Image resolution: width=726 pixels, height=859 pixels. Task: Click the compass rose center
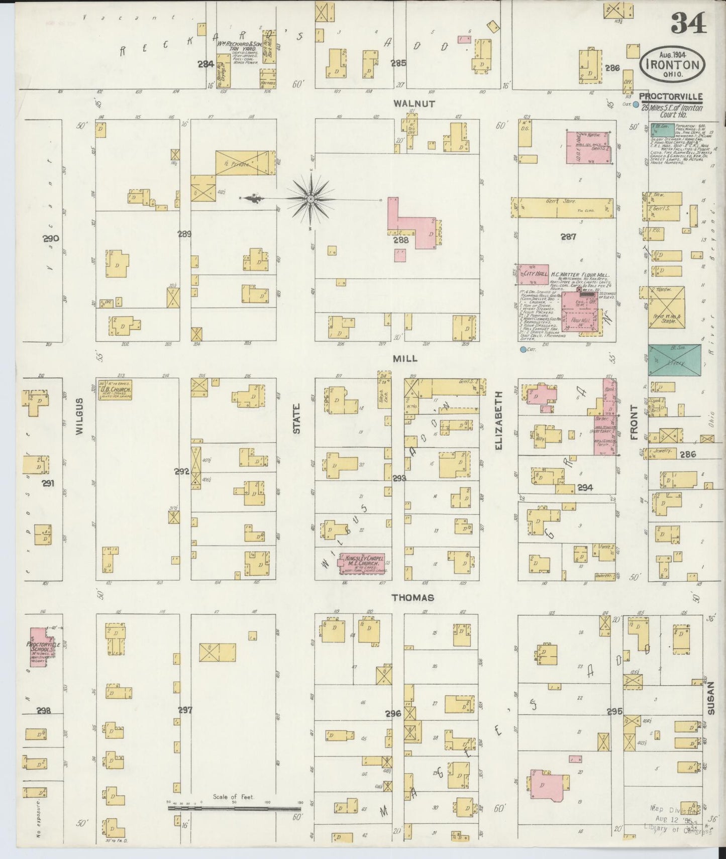(310, 200)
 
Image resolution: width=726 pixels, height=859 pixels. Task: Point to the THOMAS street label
(412, 598)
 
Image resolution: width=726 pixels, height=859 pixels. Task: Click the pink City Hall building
(534, 274)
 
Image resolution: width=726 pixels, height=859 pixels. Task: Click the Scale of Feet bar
(234, 809)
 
